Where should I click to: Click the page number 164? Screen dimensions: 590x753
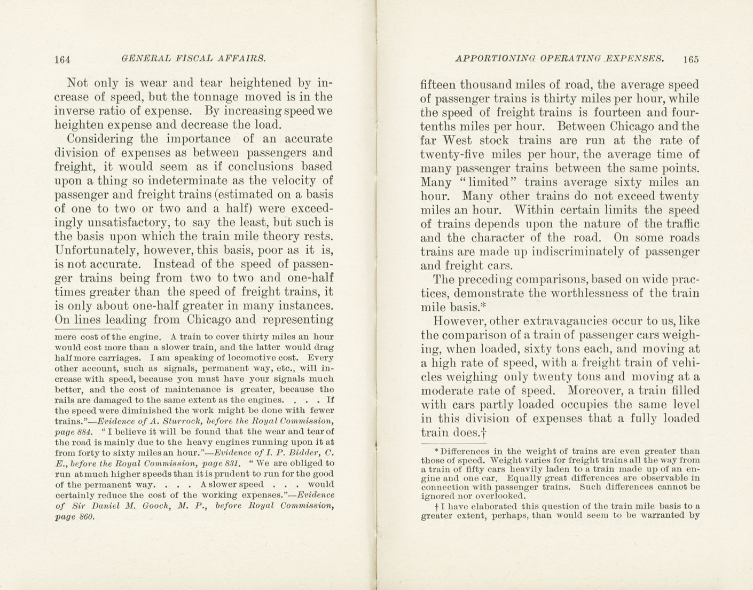coord(62,59)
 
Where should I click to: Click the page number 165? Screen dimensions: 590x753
coord(690,59)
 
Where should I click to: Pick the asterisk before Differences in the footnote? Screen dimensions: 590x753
coord(436,451)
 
